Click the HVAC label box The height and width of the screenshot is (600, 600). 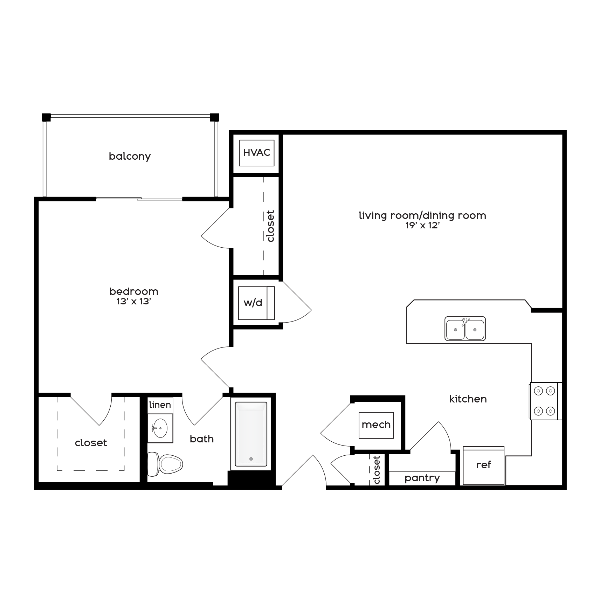pos(257,153)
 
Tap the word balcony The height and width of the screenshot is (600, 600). pos(130,156)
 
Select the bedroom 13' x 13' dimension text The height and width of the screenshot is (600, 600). pos(133,302)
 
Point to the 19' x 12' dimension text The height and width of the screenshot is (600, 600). pos(422,226)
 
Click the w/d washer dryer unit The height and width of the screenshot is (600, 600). pos(256,303)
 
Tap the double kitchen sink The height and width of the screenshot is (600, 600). pos(465,329)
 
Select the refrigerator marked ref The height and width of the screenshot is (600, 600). pos(483,465)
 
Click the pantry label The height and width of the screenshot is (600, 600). pos(422,478)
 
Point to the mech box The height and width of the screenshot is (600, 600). pos(376,425)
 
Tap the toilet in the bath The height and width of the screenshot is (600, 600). pos(165,464)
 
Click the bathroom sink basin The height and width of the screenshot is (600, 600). pos(160,428)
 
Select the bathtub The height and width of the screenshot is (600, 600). pos(251,434)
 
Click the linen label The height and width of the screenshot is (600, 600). pos(160,405)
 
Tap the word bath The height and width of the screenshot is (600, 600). pos(202,439)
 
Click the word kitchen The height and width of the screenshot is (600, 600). pos(468,399)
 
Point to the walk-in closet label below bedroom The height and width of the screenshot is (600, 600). pos(91,443)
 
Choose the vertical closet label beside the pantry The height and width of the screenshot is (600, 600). pos(377,470)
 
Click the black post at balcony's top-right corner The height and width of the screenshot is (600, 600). pos(214,117)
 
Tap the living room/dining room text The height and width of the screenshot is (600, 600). pos(422,215)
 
